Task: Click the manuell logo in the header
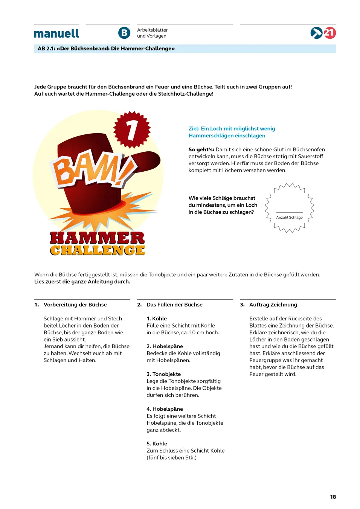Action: pyautogui.click(x=56, y=34)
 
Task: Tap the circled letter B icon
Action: pyautogui.click(x=124, y=33)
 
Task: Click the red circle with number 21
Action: pyautogui.click(x=330, y=33)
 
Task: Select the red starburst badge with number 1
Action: pyautogui.click(x=132, y=129)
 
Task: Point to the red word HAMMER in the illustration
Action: pyautogui.click(x=97, y=238)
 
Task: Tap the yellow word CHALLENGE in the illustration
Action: pyautogui.click(x=97, y=250)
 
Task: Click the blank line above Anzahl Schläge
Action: pyautogui.click(x=289, y=212)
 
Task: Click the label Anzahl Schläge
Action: pyautogui.click(x=289, y=217)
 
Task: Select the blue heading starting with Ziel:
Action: pyautogui.click(x=232, y=132)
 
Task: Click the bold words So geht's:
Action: pyautogui.click(x=201, y=149)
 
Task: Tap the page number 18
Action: pyautogui.click(x=333, y=497)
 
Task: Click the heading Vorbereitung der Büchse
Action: pyautogui.click(x=75, y=305)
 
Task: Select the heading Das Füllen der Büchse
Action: pyautogui.click(x=174, y=305)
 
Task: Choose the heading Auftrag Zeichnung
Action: pyautogui.click(x=273, y=305)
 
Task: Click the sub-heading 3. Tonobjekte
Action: pyautogui.click(x=163, y=374)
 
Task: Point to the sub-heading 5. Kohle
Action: pyautogui.click(x=157, y=444)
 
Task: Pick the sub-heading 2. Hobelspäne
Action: pyautogui.click(x=165, y=346)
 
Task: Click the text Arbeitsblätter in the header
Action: pyautogui.click(x=152, y=30)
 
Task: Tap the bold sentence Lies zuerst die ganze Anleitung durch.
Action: pyautogui.click(x=82, y=282)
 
